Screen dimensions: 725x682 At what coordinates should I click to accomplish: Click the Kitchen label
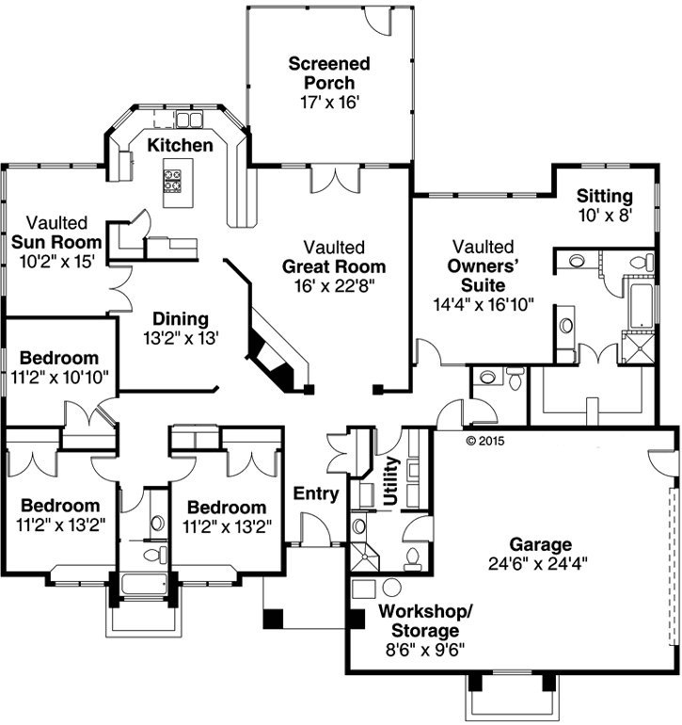(179, 145)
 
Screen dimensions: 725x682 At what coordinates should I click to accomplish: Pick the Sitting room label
(604, 196)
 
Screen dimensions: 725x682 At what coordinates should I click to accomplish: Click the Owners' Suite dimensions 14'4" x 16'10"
(483, 303)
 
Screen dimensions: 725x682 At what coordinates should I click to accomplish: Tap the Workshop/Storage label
(420, 620)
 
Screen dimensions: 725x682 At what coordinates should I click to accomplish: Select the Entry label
(316, 493)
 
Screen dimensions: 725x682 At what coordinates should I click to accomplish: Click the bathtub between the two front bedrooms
(144, 584)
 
